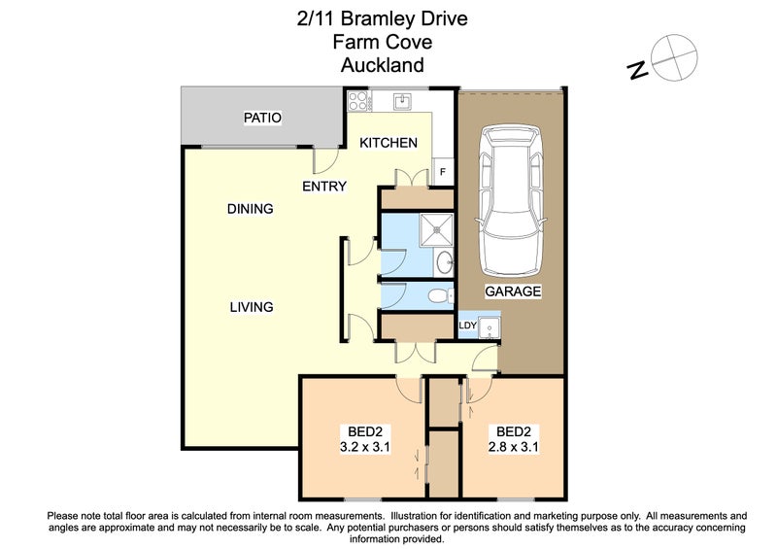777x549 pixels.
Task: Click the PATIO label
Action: tap(262, 119)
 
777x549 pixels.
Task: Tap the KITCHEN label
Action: tap(388, 143)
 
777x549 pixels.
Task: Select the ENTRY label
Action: tap(323, 187)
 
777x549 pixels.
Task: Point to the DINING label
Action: tap(251, 209)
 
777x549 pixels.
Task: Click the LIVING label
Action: tap(251, 307)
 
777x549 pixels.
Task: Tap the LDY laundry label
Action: tap(467, 325)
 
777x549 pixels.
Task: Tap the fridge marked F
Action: tap(443, 171)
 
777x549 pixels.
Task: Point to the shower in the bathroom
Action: tap(434, 231)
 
